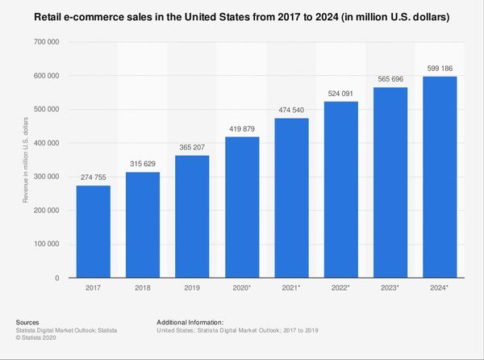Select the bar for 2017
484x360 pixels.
pos(93,232)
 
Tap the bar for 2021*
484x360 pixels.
pos(291,198)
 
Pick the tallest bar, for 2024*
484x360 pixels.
pos(440,177)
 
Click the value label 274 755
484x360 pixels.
pos(93,177)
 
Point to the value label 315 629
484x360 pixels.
pos(143,163)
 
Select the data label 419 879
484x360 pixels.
pos(242,128)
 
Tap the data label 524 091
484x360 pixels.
pos(340,93)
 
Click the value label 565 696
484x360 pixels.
pos(390,78)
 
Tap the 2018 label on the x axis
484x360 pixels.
pos(143,287)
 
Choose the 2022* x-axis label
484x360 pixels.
pos(340,287)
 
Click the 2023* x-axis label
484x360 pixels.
pos(390,287)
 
